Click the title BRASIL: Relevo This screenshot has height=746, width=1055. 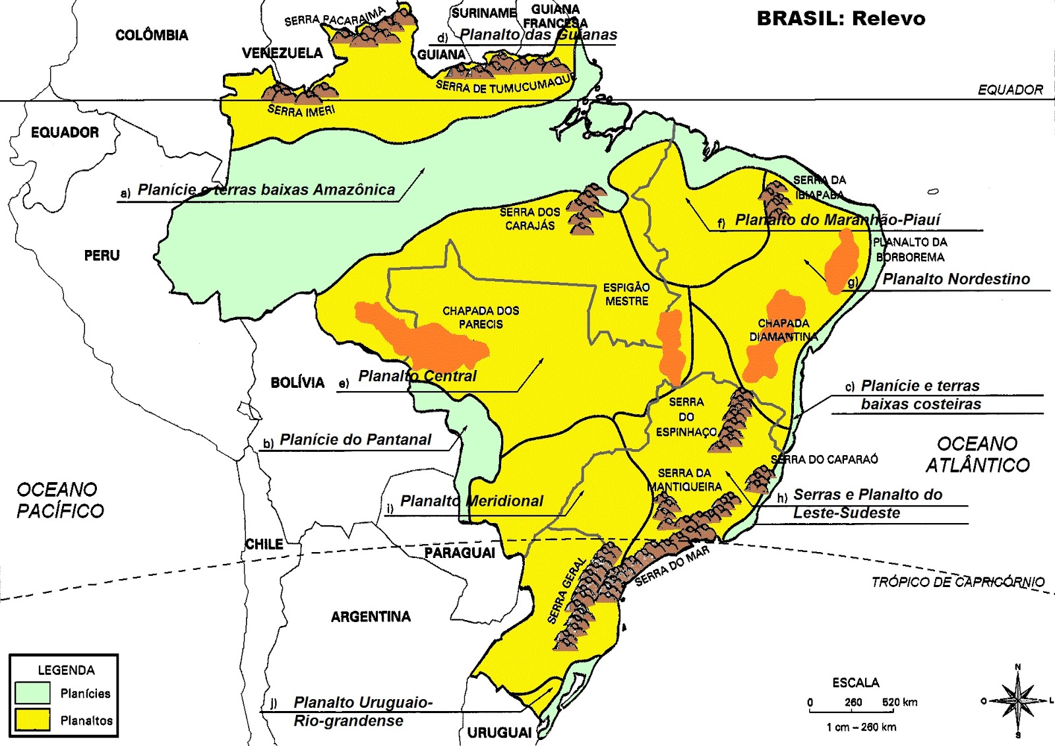tap(841, 18)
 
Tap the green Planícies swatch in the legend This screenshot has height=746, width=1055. tap(32, 693)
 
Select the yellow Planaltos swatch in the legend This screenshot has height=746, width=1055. tap(32, 720)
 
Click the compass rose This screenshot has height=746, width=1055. tap(1017, 700)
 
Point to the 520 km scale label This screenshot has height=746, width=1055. tap(900, 702)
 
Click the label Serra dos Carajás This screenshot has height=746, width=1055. tap(529, 219)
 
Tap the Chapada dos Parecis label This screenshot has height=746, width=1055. tap(481, 317)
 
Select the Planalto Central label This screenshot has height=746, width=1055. tap(417, 376)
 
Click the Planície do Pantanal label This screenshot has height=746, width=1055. tap(355, 439)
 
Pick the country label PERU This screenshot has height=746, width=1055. tap(102, 255)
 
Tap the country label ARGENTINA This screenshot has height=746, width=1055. tap(371, 617)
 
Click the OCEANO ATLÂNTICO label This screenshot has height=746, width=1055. tap(977, 454)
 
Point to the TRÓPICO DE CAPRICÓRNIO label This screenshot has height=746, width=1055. tap(957, 582)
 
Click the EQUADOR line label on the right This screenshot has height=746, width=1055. tap(1010, 90)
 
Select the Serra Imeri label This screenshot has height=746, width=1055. tap(301, 111)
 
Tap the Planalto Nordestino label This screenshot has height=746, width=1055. tap(955, 279)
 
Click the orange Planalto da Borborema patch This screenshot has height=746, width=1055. tap(843, 261)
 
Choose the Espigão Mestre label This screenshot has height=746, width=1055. tap(626, 294)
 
